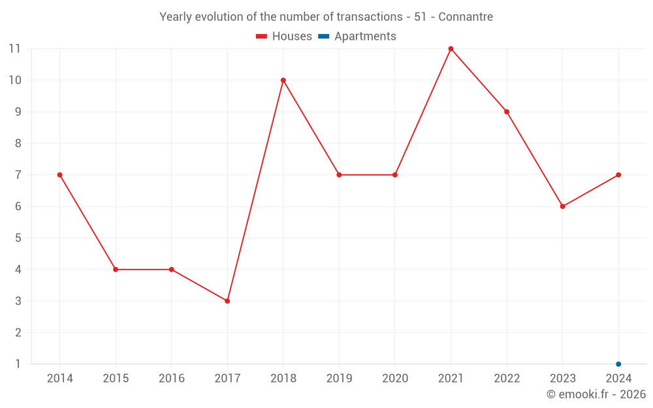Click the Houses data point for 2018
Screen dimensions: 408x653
[x=283, y=80]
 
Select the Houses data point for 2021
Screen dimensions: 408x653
[x=451, y=49]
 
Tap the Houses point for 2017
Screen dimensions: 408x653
[x=227, y=301]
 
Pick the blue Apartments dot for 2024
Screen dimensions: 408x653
[x=618, y=364]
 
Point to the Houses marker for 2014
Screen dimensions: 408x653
[x=59, y=175]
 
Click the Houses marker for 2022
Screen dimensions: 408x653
[x=507, y=112]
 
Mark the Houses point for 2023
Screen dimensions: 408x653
[x=562, y=206]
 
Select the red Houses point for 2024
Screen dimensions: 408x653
[x=618, y=175]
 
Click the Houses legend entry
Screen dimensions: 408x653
[x=284, y=37]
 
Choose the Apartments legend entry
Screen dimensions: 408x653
[x=357, y=37]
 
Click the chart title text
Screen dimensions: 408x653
[x=326, y=17]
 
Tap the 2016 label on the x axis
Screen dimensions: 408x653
[x=172, y=379]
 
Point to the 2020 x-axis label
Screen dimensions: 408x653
[x=395, y=379]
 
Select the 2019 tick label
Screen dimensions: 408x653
[x=339, y=379]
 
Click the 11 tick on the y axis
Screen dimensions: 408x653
[x=14, y=49]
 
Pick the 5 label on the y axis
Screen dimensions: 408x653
[x=18, y=238]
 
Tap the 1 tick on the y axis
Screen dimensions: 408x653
[x=18, y=364]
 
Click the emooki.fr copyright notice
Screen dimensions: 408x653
[x=596, y=394]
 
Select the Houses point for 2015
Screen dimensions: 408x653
[x=116, y=270]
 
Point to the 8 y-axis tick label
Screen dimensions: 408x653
[x=18, y=144]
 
